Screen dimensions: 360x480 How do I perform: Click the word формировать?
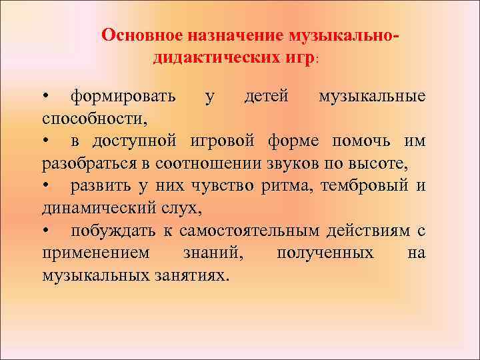point(123,97)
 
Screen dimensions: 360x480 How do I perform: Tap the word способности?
point(94,119)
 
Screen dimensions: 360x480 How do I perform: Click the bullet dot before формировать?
point(45,97)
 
